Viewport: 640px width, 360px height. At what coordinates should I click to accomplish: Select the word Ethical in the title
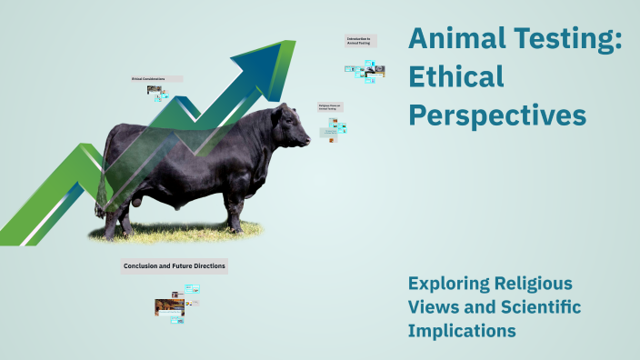456,77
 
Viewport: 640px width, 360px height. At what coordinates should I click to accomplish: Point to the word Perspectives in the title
497,116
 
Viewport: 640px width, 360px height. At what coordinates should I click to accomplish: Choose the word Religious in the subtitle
538,283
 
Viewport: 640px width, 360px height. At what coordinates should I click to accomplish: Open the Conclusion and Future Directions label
174,266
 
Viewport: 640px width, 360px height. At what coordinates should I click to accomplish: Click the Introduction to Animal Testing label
360,41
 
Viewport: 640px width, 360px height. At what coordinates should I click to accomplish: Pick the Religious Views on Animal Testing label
328,106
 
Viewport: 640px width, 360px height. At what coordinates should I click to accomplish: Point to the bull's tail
102,168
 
